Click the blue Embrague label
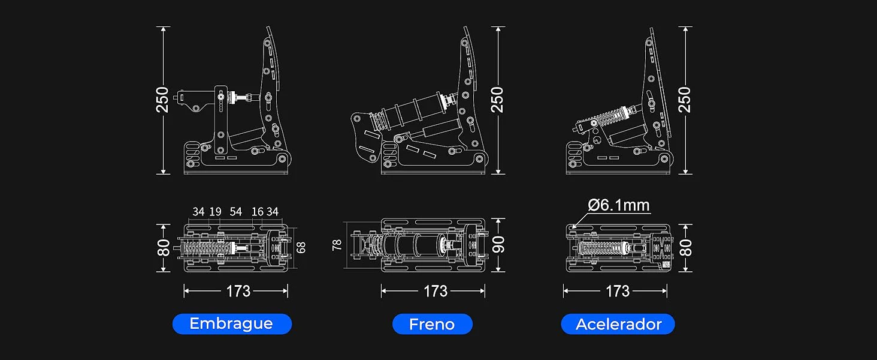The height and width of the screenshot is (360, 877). pyautogui.click(x=232, y=324)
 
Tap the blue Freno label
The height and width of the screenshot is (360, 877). pyautogui.click(x=433, y=324)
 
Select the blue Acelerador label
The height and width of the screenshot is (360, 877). pyautogui.click(x=618, y=324)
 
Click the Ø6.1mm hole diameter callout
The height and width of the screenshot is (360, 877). pyautogui.click(x=619, y=205)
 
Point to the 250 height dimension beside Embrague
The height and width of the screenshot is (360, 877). pyautogui.click(x=162, y=100)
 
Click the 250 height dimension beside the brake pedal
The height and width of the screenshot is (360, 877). pyautogui.click(x=497, y=100)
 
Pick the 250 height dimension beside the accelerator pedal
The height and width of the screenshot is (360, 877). pyautogui.click(x=684, y=100)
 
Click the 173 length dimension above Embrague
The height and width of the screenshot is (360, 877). pyautogui.click(x=238, y=292)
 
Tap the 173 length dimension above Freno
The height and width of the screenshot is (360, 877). pyautogui.click(x=436, y=292)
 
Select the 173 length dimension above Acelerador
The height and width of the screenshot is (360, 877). pyautogui.click(x=618, y=292)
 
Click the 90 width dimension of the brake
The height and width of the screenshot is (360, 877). pyautogui.click(x=498, y=245)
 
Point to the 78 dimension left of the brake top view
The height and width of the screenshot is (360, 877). pyautogui.click(x=337, y=245)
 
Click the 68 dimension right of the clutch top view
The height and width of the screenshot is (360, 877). pyautogui.click(x=301, y=247)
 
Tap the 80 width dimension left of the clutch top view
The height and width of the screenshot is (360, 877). pyautogui.click(x=164, y=248)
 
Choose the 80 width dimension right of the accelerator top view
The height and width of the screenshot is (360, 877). pyautogui.click(x=685, y=248)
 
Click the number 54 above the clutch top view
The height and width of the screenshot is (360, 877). pyautogui.click(x=235, y=212)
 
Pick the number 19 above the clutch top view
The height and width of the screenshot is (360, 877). pyautogui.click(x=215, y=212)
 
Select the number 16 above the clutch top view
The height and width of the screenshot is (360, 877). pyautogui.click(x=257, y=212)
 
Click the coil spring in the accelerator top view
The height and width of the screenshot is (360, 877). pyautogui.click(x=603, y=248)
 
